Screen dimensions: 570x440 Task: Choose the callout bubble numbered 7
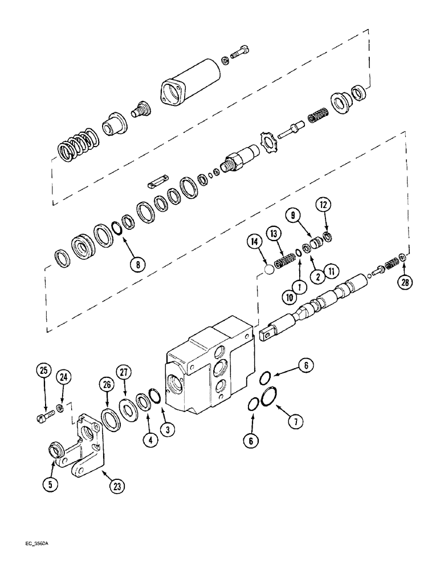(295, 421)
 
